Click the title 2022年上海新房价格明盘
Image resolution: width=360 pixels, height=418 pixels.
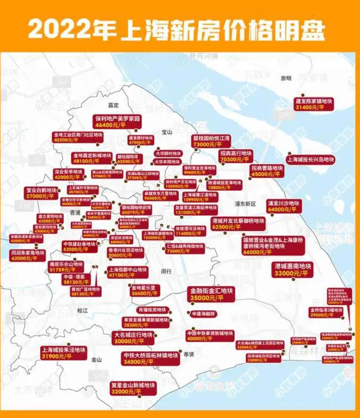176,29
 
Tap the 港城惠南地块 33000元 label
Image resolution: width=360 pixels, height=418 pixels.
292,270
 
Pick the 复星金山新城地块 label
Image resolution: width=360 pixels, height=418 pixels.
133,388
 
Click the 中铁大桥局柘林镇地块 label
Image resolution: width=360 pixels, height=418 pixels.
151,359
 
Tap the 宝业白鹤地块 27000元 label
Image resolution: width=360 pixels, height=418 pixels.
41,193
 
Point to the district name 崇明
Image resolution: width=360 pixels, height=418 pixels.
286,78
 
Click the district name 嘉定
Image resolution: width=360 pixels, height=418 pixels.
113,105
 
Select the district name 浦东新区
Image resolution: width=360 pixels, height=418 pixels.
246,204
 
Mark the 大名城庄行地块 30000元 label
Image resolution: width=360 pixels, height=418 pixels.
133,338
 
